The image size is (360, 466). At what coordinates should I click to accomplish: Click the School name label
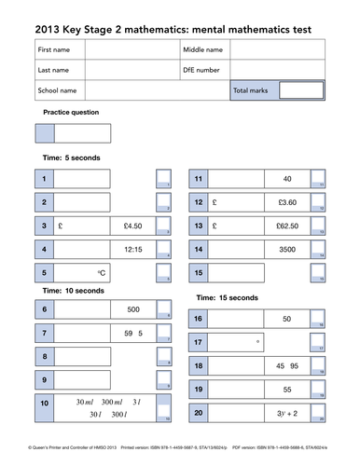click(x=56, y=90)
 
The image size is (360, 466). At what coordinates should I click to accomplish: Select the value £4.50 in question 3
click(x=132, y=226)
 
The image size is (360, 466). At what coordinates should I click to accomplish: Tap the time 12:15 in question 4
click(x=132, y=250)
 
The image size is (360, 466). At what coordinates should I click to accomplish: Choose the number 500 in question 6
click(x=132, y=308)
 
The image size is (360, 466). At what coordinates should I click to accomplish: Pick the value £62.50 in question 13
click(x=287, y=226)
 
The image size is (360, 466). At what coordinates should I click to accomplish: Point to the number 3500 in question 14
click(x=287, y=250)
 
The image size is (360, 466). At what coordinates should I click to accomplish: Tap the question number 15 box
click(x=198, y=273)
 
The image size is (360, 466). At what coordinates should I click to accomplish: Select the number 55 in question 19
click(x=287, y=390)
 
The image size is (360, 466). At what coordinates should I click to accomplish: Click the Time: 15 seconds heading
click(x=226, y=297)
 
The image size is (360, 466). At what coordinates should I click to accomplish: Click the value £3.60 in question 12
click(x=287, y=201)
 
